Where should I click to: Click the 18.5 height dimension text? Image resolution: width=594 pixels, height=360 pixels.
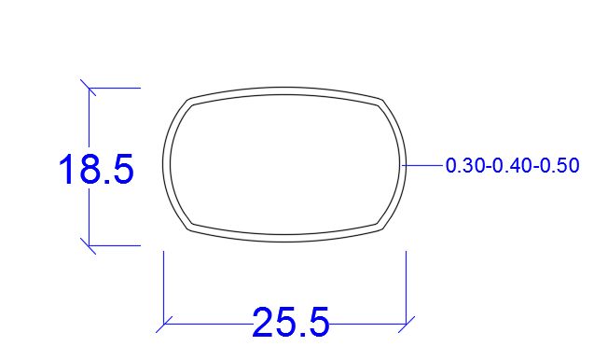point(97,169)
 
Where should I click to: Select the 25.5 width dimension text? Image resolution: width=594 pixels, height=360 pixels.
point(291,322)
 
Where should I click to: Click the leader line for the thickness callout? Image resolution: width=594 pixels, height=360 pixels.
point(422,165)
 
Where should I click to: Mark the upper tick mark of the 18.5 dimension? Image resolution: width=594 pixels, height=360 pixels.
point(89,88)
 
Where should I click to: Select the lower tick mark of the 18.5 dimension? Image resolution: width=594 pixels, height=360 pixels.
point(89,245)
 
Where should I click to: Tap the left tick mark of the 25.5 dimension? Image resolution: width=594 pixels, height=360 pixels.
point(164,325)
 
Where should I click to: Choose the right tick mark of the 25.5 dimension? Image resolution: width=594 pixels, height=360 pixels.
point(407,325)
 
